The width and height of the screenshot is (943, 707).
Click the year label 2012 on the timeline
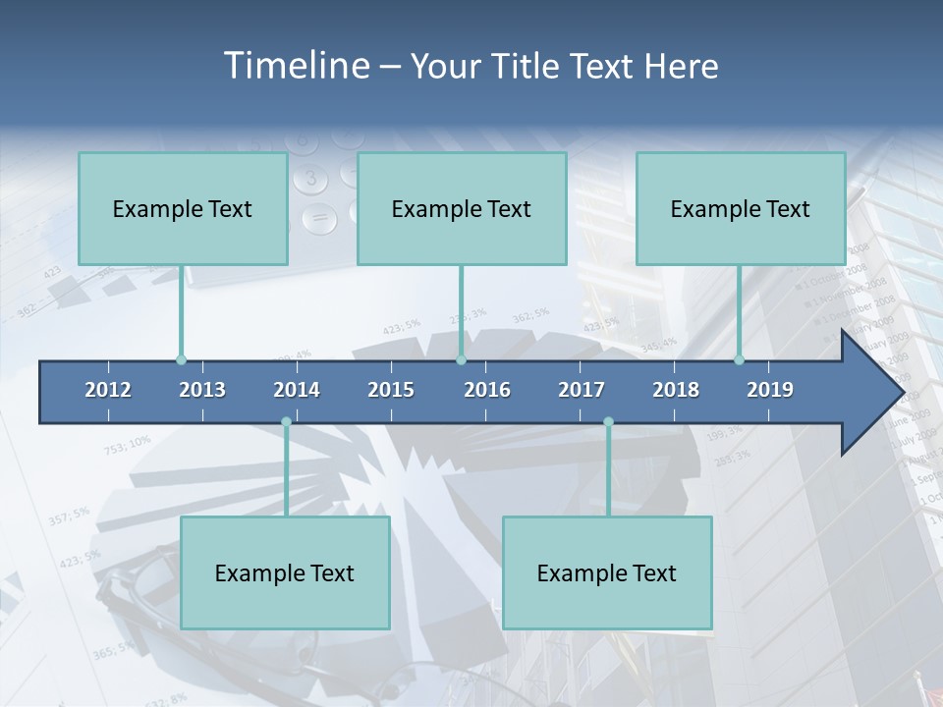108,390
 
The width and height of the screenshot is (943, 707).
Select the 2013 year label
202,390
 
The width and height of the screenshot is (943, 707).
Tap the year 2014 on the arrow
297,390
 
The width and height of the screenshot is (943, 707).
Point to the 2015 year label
391,390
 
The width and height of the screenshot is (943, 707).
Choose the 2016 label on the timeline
487,390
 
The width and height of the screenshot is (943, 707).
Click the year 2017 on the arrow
582,390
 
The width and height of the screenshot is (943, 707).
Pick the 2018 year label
676,390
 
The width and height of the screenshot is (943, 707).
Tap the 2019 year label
770,390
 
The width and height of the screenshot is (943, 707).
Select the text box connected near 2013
183,208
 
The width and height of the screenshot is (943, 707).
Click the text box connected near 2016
462,208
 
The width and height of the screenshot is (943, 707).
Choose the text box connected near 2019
741,208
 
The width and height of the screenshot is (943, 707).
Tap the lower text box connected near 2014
285,572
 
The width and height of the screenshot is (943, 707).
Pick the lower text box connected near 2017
607,572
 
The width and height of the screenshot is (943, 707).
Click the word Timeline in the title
295,66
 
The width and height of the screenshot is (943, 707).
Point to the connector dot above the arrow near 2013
182,360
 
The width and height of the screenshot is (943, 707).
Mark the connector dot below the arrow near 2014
286,422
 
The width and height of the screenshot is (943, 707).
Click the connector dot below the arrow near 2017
608,422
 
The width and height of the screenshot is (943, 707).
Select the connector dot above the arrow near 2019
740,360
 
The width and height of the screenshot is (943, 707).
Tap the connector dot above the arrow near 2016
461,360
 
